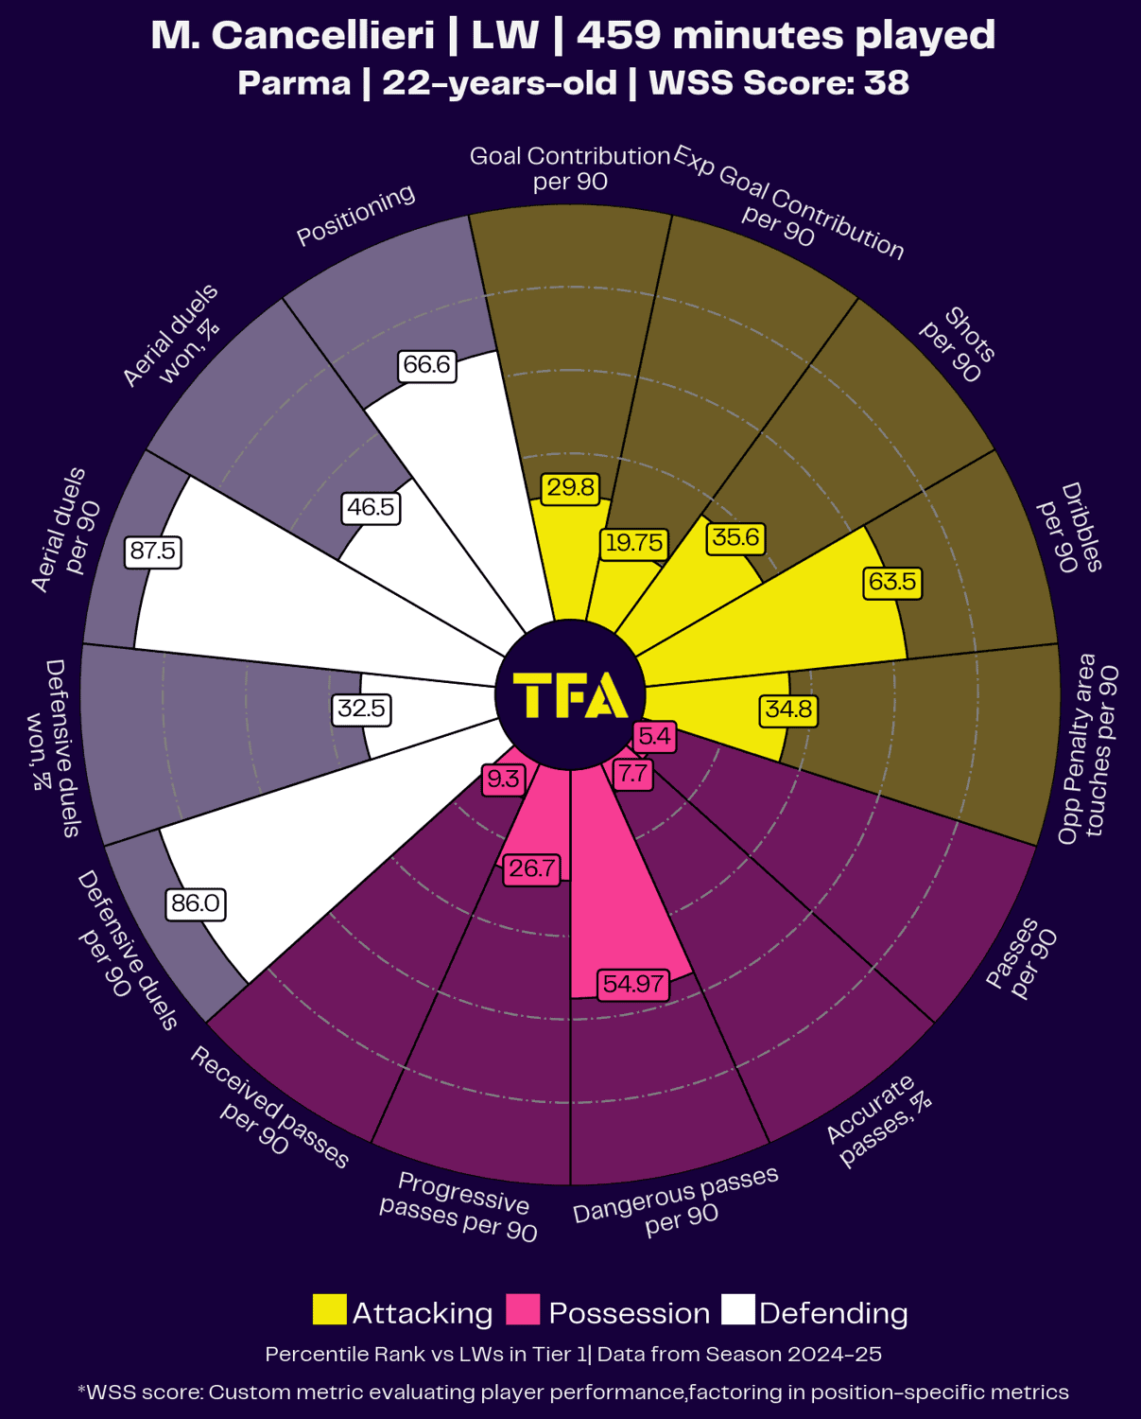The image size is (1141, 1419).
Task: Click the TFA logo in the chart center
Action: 570,695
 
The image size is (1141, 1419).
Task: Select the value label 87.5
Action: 153,551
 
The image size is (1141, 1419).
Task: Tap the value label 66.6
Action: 426,364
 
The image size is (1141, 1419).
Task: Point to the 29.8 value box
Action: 571,487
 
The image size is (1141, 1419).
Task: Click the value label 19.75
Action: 634,543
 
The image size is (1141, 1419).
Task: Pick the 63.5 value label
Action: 892,581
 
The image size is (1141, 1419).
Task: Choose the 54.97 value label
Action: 633,984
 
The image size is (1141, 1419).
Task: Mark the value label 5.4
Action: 654,736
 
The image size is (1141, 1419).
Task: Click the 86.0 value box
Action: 196,903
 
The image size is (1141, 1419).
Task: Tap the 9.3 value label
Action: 502,779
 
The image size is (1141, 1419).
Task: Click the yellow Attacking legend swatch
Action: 329,1310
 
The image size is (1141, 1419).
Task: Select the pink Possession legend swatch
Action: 523,1310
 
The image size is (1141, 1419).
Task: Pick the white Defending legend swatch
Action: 738,1310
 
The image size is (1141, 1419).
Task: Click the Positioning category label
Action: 355,215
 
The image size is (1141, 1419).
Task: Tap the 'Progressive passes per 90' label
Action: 459,1206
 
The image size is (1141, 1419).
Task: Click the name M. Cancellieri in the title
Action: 293,36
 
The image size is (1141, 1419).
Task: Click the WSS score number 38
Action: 887,83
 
